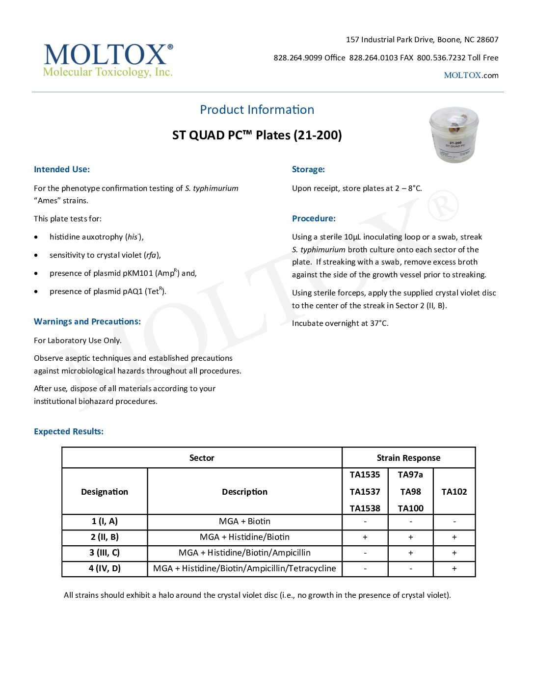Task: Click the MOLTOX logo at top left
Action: coord(108,60)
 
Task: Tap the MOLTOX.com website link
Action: coord(471,76)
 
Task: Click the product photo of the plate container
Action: coord(454,135)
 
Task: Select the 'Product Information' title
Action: coord(257,110)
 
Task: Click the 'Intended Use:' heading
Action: coord(62,169)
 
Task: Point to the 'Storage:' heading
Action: coord(308,169)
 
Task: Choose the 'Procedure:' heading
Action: coord(314,218)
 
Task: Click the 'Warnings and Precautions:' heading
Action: coord(87,321)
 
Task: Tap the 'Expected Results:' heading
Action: coord(69,431)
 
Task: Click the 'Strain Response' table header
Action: coord(408,458)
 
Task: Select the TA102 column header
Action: coord(454,492)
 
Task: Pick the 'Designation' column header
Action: coord(105,492)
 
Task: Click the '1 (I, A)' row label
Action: coord(105,521)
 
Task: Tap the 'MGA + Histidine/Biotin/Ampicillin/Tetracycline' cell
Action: coord(244,568)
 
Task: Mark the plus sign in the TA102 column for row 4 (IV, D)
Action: coord(454,568)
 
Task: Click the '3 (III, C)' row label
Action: coord(105,553)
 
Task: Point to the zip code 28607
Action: coord(487,40)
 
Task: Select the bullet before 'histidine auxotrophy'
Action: coord(36,237)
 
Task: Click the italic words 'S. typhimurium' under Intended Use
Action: coord(212,188)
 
